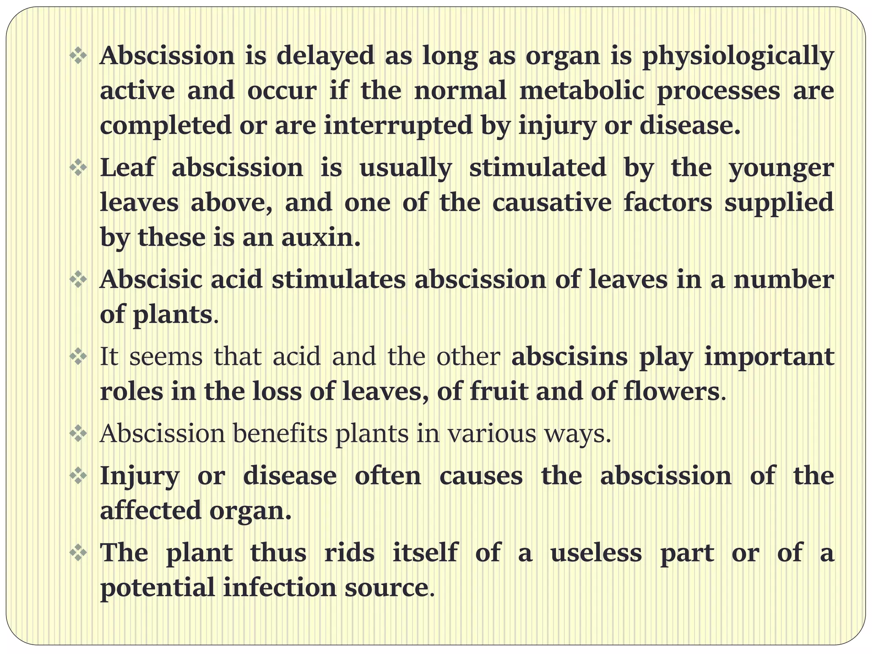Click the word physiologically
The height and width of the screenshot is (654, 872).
737,57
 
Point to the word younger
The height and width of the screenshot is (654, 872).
781,168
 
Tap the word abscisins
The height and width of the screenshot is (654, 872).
569,356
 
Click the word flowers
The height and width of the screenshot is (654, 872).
671,391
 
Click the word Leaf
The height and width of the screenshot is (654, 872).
127,167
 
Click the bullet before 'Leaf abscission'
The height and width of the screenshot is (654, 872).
78,167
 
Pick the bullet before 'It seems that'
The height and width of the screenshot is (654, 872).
78,356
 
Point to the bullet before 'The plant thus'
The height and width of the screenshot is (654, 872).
78,553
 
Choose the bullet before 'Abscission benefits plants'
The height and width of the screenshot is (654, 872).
78,434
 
